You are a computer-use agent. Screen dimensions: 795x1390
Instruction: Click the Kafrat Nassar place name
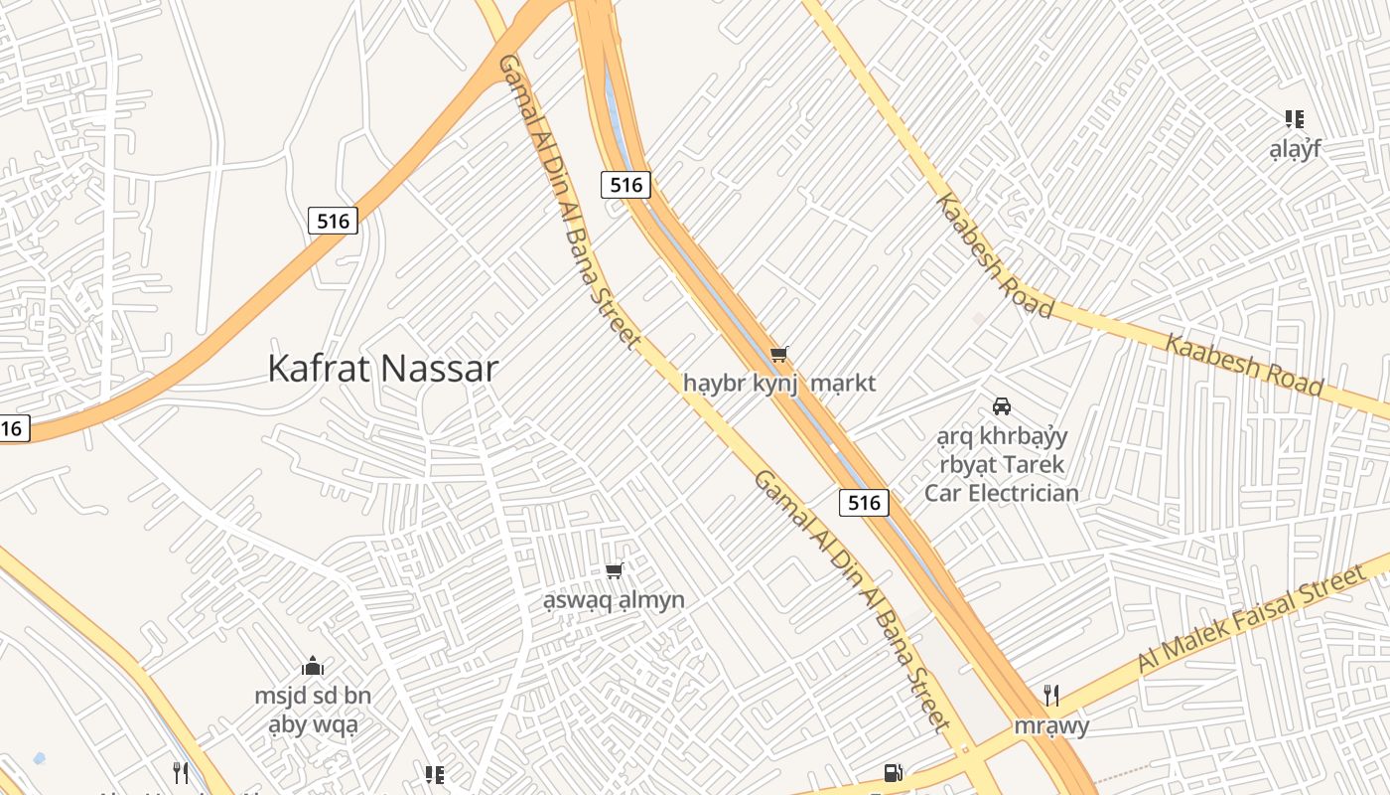point(382,369)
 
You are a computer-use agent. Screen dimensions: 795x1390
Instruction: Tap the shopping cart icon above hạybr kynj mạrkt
point(779,355)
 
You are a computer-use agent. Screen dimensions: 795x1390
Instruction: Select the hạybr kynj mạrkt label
point(779,383)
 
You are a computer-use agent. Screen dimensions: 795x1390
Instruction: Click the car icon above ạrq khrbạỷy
point(1002,406)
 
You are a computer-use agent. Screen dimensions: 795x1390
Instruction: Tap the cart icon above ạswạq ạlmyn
point(614,570)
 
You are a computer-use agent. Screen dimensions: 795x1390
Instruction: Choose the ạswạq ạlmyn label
point(614,600)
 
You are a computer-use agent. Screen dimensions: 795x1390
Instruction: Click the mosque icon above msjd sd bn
point(313,666)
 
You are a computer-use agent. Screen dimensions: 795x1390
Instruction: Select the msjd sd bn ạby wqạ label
point(313,710)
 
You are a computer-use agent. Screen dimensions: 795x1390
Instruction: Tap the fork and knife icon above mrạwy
point(1051,696)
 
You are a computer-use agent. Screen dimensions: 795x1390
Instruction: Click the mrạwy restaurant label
point(1051,725)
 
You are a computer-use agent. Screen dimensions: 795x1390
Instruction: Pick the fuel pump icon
point(893,773)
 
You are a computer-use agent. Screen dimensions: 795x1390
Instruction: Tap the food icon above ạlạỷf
point(1295,119)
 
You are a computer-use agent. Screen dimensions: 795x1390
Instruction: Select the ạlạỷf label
point(1295,150)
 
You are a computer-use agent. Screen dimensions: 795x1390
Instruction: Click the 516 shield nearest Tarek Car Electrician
point(864,503)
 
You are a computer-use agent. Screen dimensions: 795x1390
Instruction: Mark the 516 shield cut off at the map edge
point(12,428)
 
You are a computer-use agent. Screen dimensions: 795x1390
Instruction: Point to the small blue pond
point(39,758)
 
